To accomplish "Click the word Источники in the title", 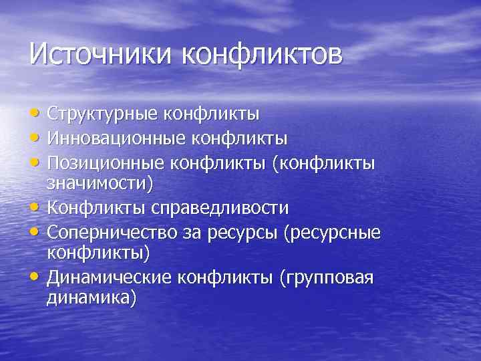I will [101, 53].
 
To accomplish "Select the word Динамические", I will [112, 277].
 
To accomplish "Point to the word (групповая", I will [325, 277].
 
